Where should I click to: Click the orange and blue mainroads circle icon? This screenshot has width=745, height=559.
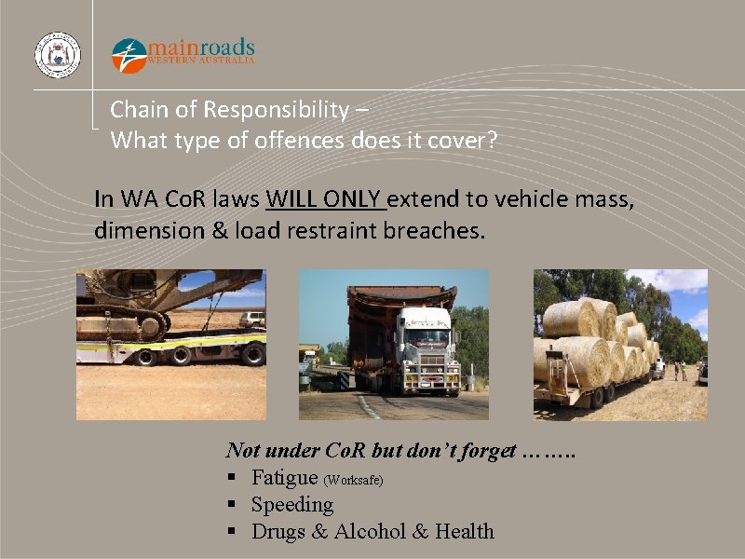tap(129, 55)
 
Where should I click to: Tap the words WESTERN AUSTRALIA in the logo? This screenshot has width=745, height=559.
tap(200, 61)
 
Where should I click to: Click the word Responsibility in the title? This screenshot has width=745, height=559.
tap(278, 109)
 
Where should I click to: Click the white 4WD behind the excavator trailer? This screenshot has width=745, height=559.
tap(251, 319)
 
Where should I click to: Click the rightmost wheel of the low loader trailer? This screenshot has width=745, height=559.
tap(252, 354)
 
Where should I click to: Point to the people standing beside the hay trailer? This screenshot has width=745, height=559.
tap(680, 370)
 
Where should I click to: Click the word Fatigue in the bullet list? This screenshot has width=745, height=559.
tap(285, 478)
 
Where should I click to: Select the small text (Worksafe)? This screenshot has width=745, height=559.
tap(353, 480)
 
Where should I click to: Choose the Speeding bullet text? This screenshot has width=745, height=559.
tap(292, 505)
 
